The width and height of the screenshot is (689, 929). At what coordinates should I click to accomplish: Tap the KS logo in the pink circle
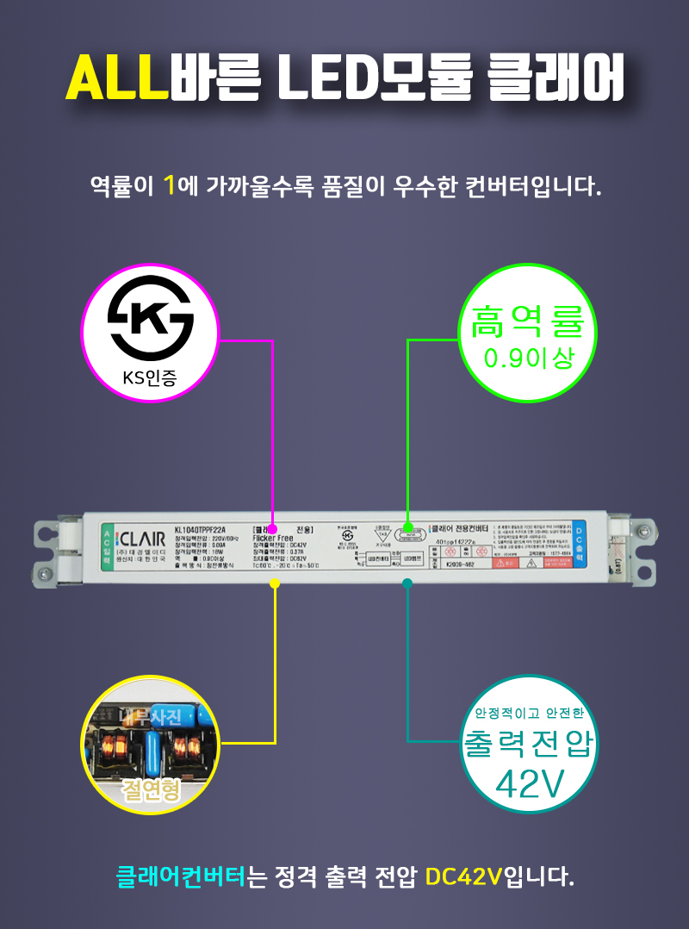point(150,318)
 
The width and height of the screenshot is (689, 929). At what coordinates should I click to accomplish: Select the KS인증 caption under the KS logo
point(150,377)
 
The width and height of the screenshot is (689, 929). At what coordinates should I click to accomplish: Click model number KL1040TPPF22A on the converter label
point(200,530)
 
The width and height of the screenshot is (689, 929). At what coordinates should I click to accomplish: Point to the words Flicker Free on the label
point(273,537)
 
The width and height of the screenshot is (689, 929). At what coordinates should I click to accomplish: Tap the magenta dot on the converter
point(272,527)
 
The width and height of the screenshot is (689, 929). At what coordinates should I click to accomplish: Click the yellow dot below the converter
point(275,583)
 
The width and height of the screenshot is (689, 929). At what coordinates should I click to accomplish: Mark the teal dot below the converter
point(407,583)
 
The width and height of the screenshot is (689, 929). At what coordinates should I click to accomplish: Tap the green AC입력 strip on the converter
point(107,544)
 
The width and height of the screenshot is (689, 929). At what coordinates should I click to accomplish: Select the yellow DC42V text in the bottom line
point(464,877)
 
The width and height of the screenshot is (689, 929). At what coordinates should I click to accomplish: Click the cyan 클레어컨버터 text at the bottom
point(181,877)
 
